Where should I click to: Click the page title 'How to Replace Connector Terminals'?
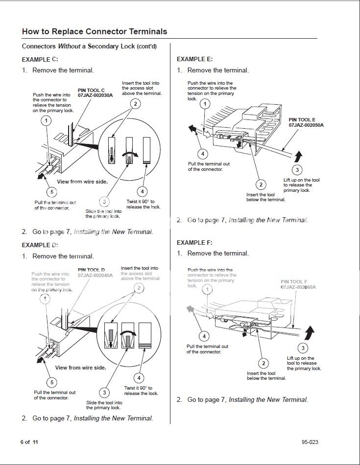95,31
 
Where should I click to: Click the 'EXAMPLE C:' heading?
40,59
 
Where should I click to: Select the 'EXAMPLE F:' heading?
194,242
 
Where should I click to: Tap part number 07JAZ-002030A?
95,95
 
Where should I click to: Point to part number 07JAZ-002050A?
306,125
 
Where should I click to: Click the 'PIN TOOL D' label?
92,270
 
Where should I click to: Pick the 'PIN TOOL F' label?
294,282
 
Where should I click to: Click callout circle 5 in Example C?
52,192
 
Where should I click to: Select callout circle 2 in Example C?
135,103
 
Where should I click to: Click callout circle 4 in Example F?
204,336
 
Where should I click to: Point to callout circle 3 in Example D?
104,392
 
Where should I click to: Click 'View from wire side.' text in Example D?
80,368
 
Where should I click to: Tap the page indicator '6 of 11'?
29,442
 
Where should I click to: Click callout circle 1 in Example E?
205,104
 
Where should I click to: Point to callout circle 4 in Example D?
139,378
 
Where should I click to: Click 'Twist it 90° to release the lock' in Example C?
143,204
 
